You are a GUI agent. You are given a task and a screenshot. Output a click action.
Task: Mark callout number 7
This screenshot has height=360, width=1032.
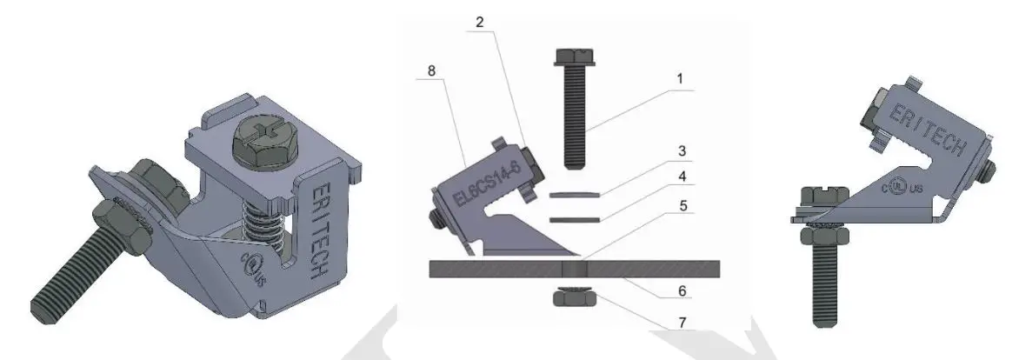[681, 323]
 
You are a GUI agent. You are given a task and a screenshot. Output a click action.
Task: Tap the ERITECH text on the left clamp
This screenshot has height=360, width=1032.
[318, 230]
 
